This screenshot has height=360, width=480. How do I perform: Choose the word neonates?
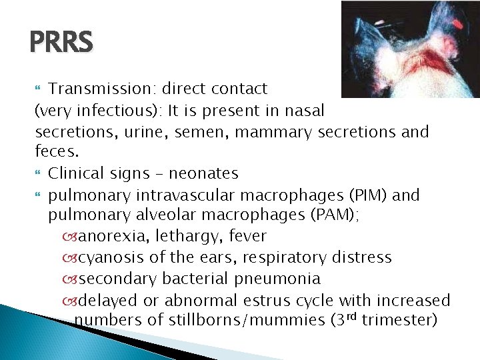pyautogui.click(x=203, y=173)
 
